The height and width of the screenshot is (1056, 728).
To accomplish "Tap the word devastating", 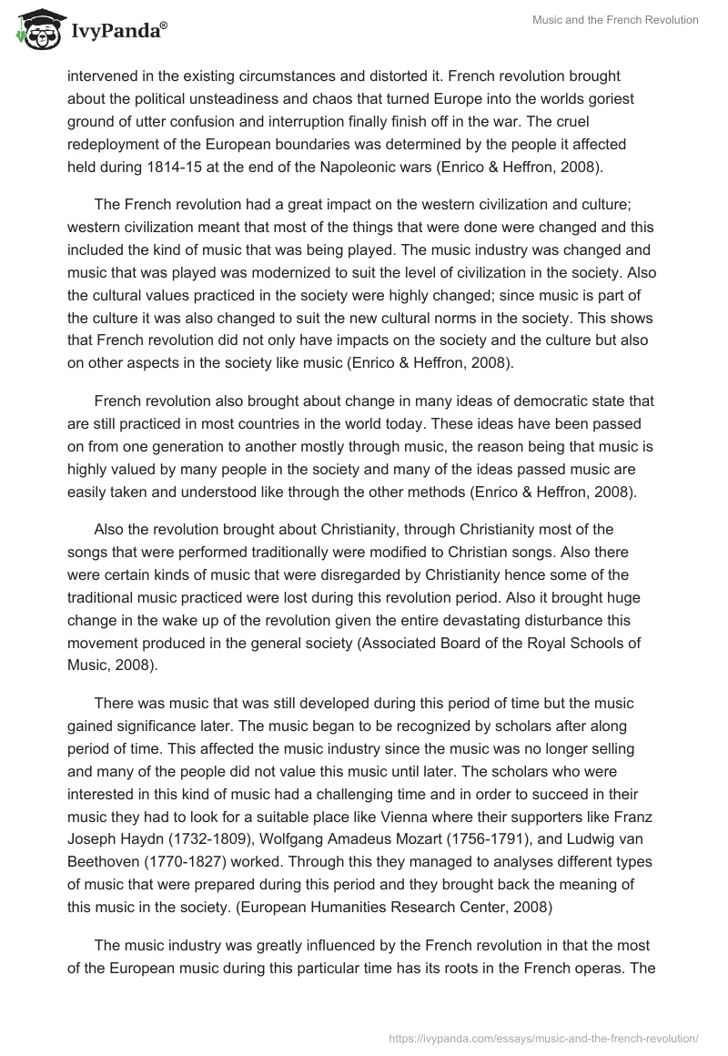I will pos(490,620).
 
